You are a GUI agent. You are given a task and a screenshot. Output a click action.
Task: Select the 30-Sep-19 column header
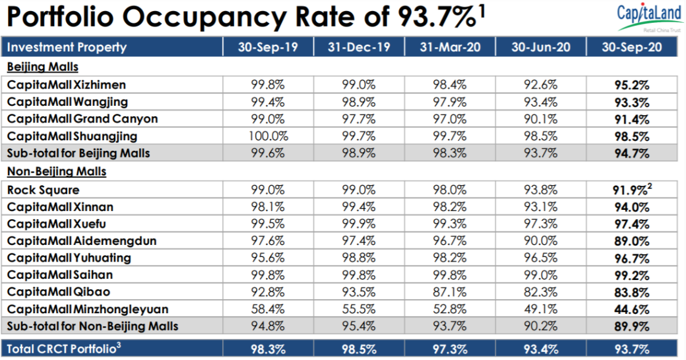(268, 47)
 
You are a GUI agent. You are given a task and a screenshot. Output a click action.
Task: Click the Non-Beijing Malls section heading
(57, 172)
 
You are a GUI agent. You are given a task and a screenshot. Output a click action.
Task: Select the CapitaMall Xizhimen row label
(67, 84)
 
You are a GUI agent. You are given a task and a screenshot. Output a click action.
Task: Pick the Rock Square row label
(43, 190)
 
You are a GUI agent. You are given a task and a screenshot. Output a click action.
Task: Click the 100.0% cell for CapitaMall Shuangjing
(268, 136)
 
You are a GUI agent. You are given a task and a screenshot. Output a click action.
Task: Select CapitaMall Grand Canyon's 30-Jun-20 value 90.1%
(540, 119)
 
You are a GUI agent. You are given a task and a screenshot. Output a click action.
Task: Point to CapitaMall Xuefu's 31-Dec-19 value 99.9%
(359, 224)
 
